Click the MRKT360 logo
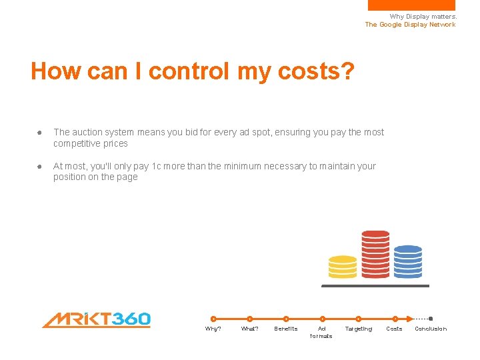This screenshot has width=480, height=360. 96,320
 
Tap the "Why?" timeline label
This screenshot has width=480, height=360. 213,329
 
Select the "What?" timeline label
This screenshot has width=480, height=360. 249,329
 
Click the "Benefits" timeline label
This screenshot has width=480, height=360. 286,329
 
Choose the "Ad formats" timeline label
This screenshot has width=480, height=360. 321,332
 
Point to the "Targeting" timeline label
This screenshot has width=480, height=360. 358,329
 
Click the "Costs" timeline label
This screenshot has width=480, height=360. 395,329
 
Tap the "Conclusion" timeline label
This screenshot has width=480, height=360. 431,329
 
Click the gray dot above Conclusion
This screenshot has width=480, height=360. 431,319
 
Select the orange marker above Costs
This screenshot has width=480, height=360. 395,319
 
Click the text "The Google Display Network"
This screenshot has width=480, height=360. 410,25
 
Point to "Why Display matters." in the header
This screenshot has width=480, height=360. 423,17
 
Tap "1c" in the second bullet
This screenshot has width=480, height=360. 157,166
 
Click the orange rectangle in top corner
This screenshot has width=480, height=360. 411,5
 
